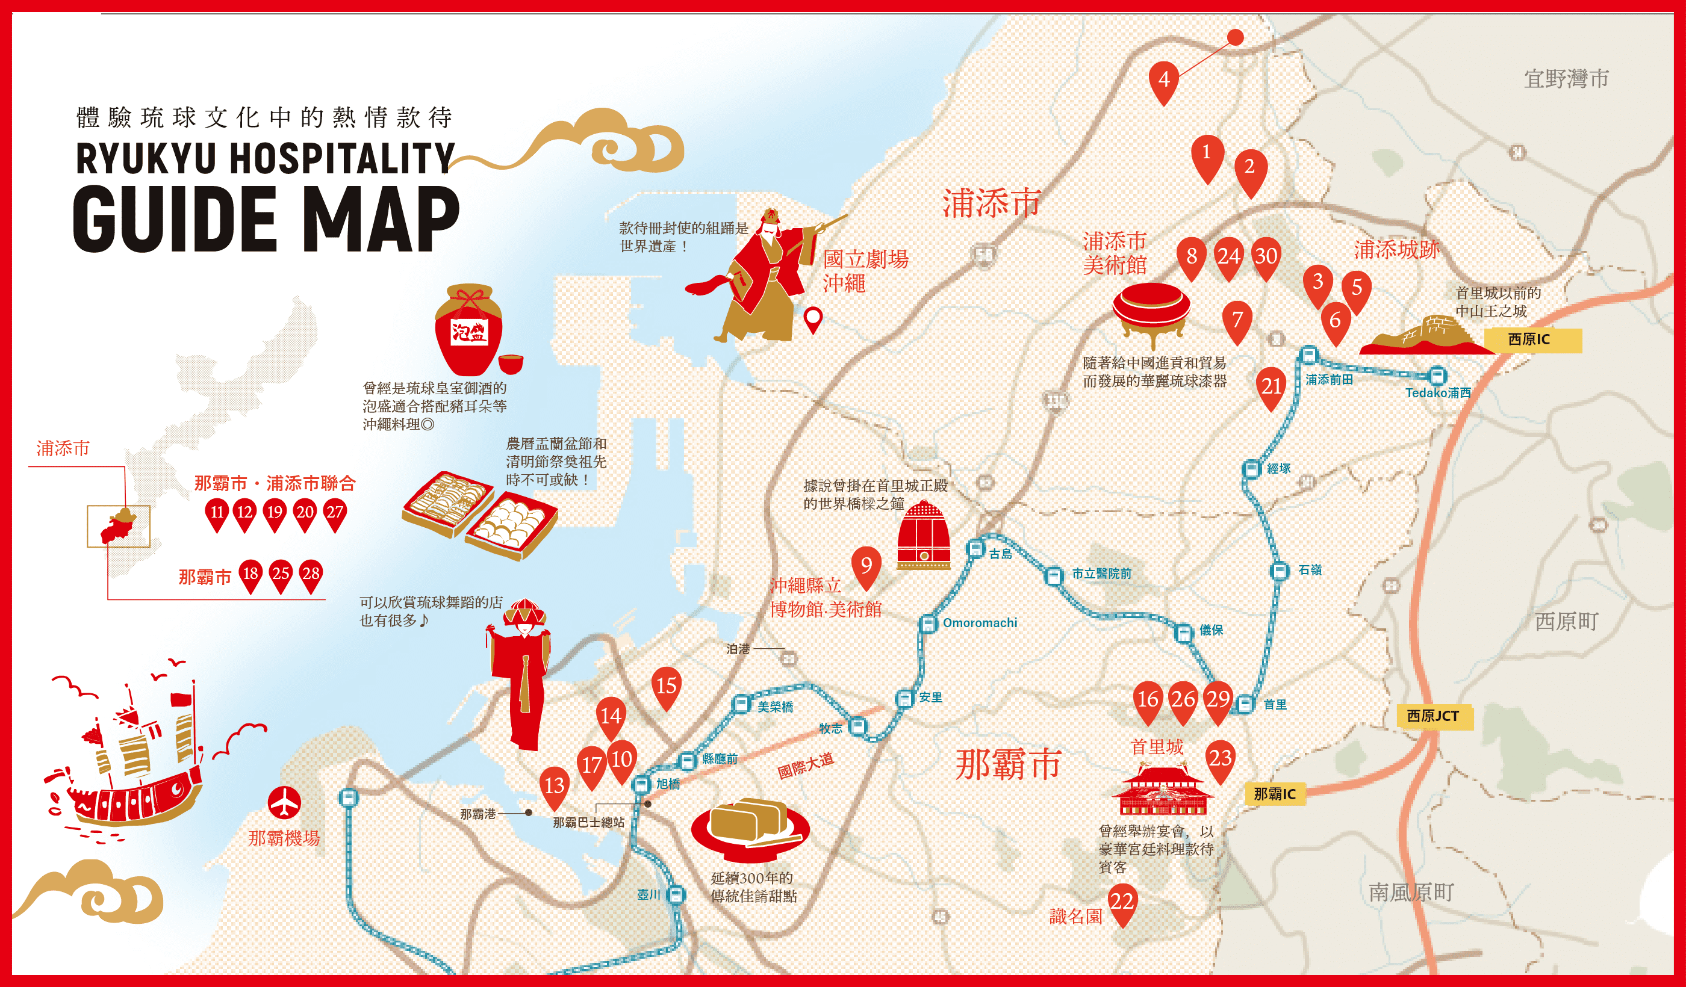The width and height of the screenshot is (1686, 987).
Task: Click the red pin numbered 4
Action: point(1163,80)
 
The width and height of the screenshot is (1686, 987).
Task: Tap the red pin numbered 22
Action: point(1122,903)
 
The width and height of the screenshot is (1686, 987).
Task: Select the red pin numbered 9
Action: point(866,566)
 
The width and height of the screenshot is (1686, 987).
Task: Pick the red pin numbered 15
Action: point(667,686)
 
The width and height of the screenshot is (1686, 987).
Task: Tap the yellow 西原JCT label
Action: point(1432,716)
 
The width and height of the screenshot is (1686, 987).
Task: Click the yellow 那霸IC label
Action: point(1275,794)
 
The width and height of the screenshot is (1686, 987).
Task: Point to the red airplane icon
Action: point(285,802)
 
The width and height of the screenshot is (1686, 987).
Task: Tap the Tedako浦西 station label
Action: point(1438,392)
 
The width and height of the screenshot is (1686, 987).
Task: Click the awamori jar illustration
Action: point(469,330)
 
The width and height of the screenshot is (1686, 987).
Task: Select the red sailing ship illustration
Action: point(125,763)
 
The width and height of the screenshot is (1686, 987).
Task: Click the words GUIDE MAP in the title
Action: point(266,218)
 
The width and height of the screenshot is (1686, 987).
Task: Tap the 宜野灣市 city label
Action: point(1566,79)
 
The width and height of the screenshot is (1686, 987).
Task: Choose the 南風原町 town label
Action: point(1411,892)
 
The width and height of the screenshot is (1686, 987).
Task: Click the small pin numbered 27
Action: point(335,513)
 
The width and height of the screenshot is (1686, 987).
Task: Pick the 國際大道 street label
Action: point(806,765)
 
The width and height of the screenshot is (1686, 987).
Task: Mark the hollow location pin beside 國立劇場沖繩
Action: point(813,318)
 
